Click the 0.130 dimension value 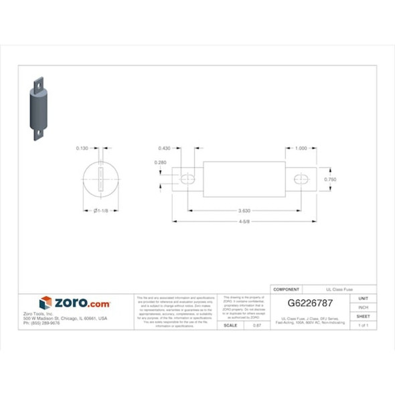click(82, 148)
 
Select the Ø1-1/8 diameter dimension click(100, 211)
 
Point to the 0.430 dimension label click(164, 148)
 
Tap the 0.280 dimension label click(161, 163)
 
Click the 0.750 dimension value click(329, 179)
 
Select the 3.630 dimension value click(244, 210)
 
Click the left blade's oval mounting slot click(187, 179)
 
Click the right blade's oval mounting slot click(301, 179)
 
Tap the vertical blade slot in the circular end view click(100, 179)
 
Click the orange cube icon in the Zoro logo click(46, 303)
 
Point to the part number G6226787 click(310, 303)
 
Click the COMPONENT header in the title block click(287, 289)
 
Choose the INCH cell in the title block click(364, 307)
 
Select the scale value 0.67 click(256, 325)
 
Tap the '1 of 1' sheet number click(364, 325)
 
